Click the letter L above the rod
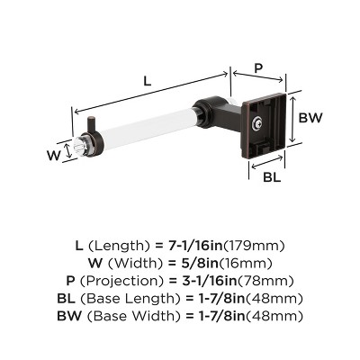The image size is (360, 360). tap(147, 81)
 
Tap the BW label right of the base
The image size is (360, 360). tap(311, 118)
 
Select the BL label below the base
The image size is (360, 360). tap(269, 176)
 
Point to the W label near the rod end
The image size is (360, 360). tap(55, 155)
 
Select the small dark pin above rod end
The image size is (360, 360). tap(92, 122)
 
